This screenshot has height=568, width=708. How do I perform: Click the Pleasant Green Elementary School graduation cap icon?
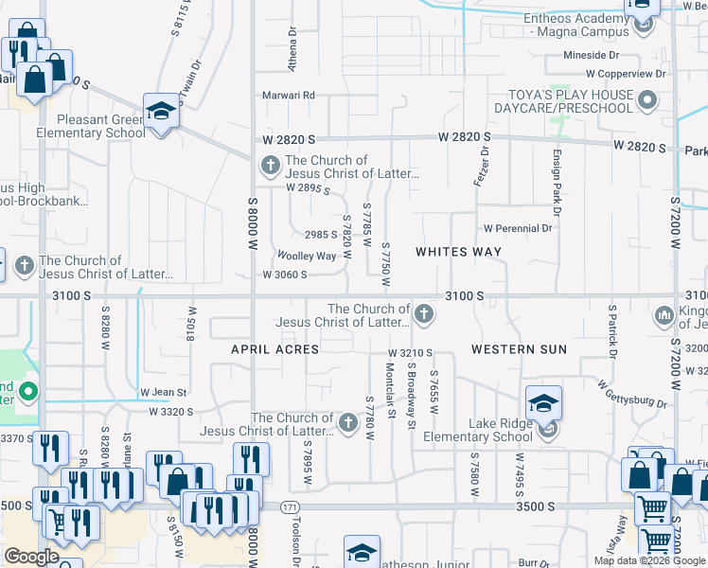click(161, 112)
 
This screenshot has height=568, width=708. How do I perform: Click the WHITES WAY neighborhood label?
click(459, 252)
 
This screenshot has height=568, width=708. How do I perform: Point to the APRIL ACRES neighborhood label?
click(275, 349)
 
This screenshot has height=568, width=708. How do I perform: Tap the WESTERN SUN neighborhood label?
click(519, 349)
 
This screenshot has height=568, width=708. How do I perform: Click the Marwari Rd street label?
click(289, 96)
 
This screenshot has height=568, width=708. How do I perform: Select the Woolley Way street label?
click(306, 257)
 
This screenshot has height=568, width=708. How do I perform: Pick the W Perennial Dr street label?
click(518, 228)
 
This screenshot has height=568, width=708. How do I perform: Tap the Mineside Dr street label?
click(591, 56)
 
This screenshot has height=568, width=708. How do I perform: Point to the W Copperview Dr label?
click(626, 73)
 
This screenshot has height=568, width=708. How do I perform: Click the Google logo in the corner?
click(31, 557)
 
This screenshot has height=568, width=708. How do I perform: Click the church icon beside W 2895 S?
click(270, 168)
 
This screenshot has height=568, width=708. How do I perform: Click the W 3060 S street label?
click(285, 275)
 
